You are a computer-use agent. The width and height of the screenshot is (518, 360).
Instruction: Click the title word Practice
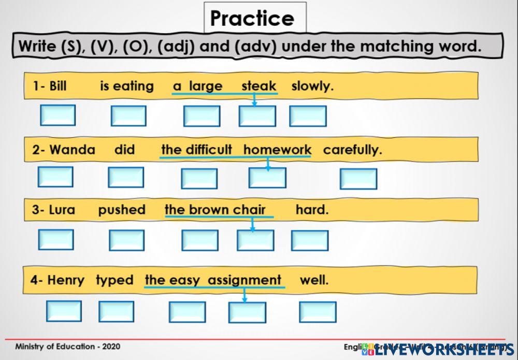(252, 19)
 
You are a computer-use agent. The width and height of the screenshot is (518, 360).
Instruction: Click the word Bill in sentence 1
(57, 86)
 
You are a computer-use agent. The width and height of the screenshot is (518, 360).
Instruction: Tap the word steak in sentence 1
(258, 86)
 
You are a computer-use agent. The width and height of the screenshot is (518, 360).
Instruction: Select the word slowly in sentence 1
(312, 86)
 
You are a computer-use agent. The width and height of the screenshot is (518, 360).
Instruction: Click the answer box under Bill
(57, 115)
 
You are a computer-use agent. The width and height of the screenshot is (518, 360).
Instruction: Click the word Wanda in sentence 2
(72, 150)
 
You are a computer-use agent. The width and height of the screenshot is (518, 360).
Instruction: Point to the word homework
(277, 150)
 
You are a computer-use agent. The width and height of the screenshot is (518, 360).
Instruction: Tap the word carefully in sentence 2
(352, 150)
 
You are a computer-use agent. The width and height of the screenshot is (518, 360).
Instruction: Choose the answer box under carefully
(358, 179)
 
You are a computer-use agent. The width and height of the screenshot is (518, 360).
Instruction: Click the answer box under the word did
(126, 178)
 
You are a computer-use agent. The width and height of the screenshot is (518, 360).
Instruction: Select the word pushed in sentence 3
(122, 210)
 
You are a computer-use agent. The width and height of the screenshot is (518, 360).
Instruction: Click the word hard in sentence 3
(312, 210)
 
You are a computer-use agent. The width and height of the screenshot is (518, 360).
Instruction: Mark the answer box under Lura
(56, 239)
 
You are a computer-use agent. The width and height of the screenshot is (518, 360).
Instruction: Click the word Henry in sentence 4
(65, 280)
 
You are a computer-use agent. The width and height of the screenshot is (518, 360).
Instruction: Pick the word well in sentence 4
(314, 280)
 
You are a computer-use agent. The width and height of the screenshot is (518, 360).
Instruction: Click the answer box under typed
(116, 311)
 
